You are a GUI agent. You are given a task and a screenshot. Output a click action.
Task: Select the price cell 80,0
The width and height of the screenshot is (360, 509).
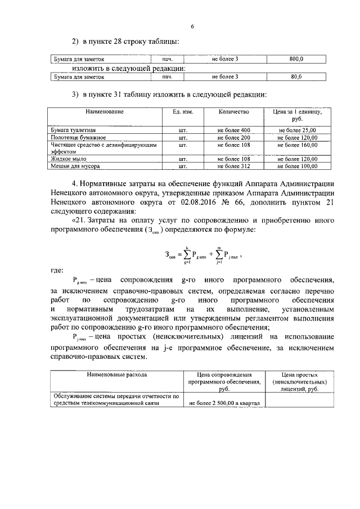[296, 77]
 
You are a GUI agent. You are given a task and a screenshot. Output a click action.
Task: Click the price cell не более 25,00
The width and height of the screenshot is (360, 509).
[298, 130]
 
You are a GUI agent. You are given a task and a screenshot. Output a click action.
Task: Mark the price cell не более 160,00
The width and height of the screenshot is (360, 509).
[298, 145]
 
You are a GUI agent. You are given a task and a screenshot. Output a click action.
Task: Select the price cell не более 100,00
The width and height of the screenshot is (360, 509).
[298, 166]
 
